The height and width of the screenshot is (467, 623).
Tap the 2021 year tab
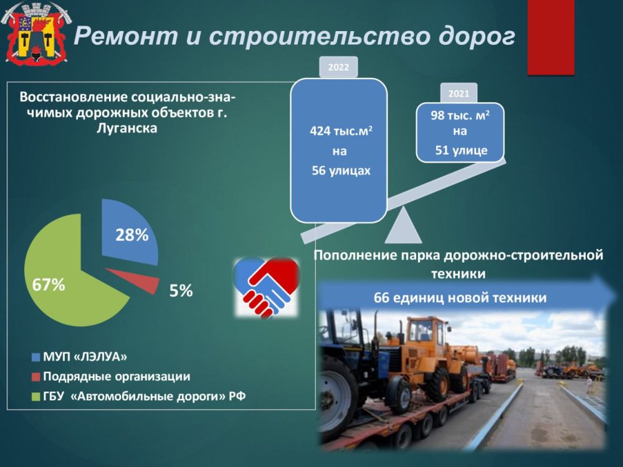click(459, 93)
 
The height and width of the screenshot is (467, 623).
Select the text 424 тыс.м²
click(341, 131)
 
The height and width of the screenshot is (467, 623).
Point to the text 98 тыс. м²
click(460, 116)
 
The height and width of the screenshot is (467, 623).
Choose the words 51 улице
click(460, 150)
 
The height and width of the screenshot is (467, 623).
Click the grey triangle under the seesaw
click(403, 227)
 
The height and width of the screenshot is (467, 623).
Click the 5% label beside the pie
click(181, 290)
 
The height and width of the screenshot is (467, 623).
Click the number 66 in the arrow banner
click(381, 298)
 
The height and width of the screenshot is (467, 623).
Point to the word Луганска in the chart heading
click(128, 128)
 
